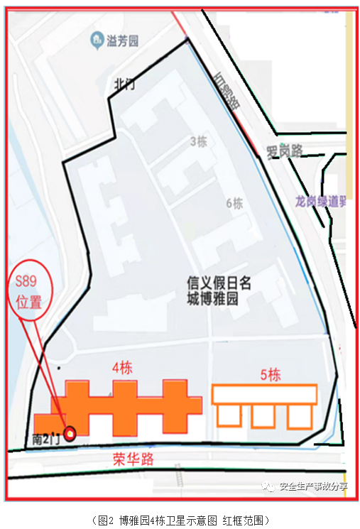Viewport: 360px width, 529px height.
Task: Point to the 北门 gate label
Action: (124, 84)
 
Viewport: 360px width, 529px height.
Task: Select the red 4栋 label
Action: (123, 369)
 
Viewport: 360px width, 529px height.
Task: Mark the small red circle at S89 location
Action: (70, 434)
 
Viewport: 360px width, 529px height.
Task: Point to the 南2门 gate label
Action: (47, 439)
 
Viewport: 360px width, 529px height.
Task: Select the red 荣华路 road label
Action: (133, 459)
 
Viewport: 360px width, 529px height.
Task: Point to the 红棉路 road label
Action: (227, 92)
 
